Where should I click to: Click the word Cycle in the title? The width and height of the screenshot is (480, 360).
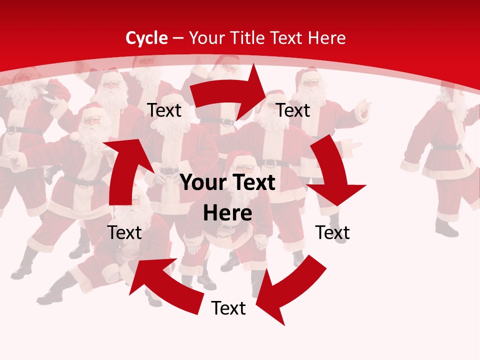click(x=146, y=38)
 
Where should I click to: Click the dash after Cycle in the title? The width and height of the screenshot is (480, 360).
click(x=177, y=38)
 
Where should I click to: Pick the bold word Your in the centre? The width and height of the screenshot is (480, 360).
click(x=201, y=183)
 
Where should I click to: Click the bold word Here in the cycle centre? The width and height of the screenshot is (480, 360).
click(x=227, y=213)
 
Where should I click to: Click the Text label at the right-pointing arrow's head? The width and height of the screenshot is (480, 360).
click(x=293, y=110)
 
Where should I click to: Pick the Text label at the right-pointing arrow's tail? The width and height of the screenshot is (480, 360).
click(x=164, y=110)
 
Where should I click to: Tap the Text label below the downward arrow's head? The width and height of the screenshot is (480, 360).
click(x=332, y=232)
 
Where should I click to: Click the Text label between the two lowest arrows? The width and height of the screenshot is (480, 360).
click(x=228, y=308)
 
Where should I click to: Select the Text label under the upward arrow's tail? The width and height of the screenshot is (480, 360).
click(x=124, y=232)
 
